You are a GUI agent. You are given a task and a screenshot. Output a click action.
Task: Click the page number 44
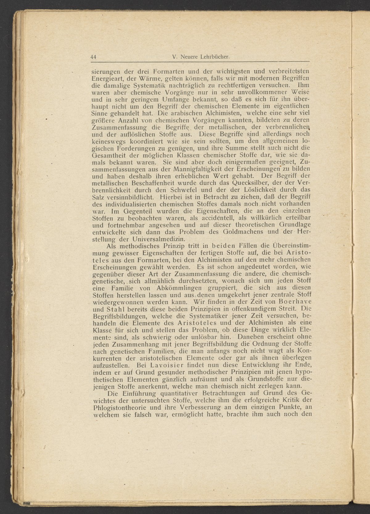94,57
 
